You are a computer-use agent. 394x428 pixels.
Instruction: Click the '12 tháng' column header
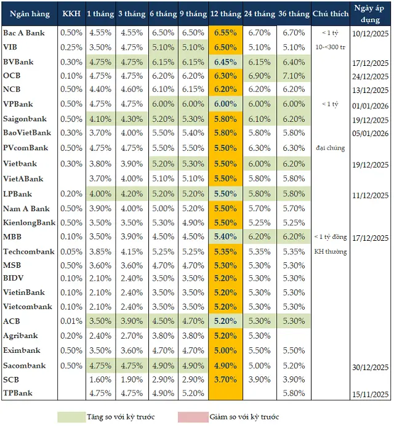pyautogui.click(x=226, y=14)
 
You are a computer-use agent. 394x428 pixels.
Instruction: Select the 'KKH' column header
pyautogui.click(x=71, y=14)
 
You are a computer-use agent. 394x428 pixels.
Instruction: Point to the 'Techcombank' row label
pyautogui.click(x=28, y=251)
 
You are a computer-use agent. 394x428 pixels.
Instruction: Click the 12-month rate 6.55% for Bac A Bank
pyautogui.click(x=226, y=32)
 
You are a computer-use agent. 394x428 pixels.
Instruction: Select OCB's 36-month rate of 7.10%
pyautogui.click(x=294, y=76)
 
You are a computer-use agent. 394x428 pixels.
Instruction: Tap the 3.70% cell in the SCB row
pyautogui.click(x=226, y=379)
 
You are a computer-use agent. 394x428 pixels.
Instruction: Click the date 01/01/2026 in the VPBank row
pyautogui.click(x=371, y=105)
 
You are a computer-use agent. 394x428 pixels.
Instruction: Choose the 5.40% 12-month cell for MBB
pyautogui.click(x=226, y=236)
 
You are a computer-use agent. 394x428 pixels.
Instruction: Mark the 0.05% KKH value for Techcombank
pyautogui.click(x=71, y=251)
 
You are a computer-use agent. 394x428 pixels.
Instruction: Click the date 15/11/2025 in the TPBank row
pyautogui.click(x=371, y=394)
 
